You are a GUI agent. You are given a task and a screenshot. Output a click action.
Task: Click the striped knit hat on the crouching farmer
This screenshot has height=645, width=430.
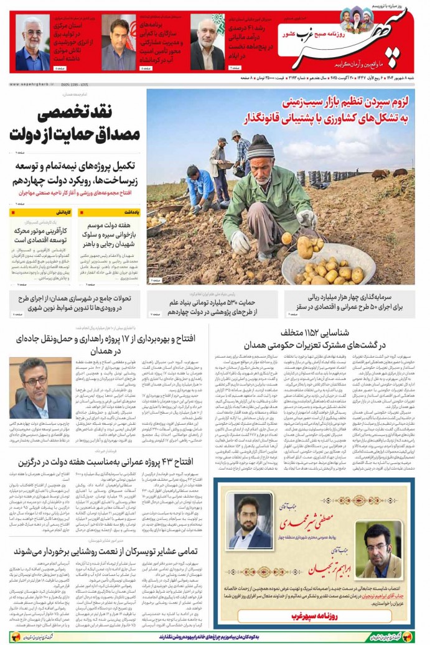(x=260, y=147)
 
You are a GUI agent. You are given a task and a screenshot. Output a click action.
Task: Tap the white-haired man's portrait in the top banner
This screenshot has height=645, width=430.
(x=32, y=43)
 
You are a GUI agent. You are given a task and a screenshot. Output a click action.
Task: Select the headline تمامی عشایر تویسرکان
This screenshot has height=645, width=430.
(x=110, y=550)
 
